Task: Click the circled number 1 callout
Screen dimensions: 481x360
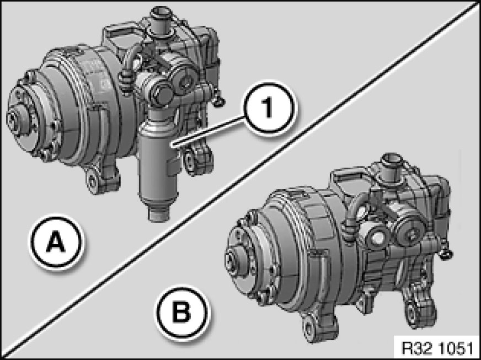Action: (x=269, y=108)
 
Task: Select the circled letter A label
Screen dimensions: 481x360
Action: (x=56, y=242)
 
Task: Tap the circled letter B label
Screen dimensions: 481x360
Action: (x=182, y=313)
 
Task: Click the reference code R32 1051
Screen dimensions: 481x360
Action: (x=437, y=348)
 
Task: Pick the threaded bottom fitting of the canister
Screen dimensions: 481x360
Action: (x=159, y=213)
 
